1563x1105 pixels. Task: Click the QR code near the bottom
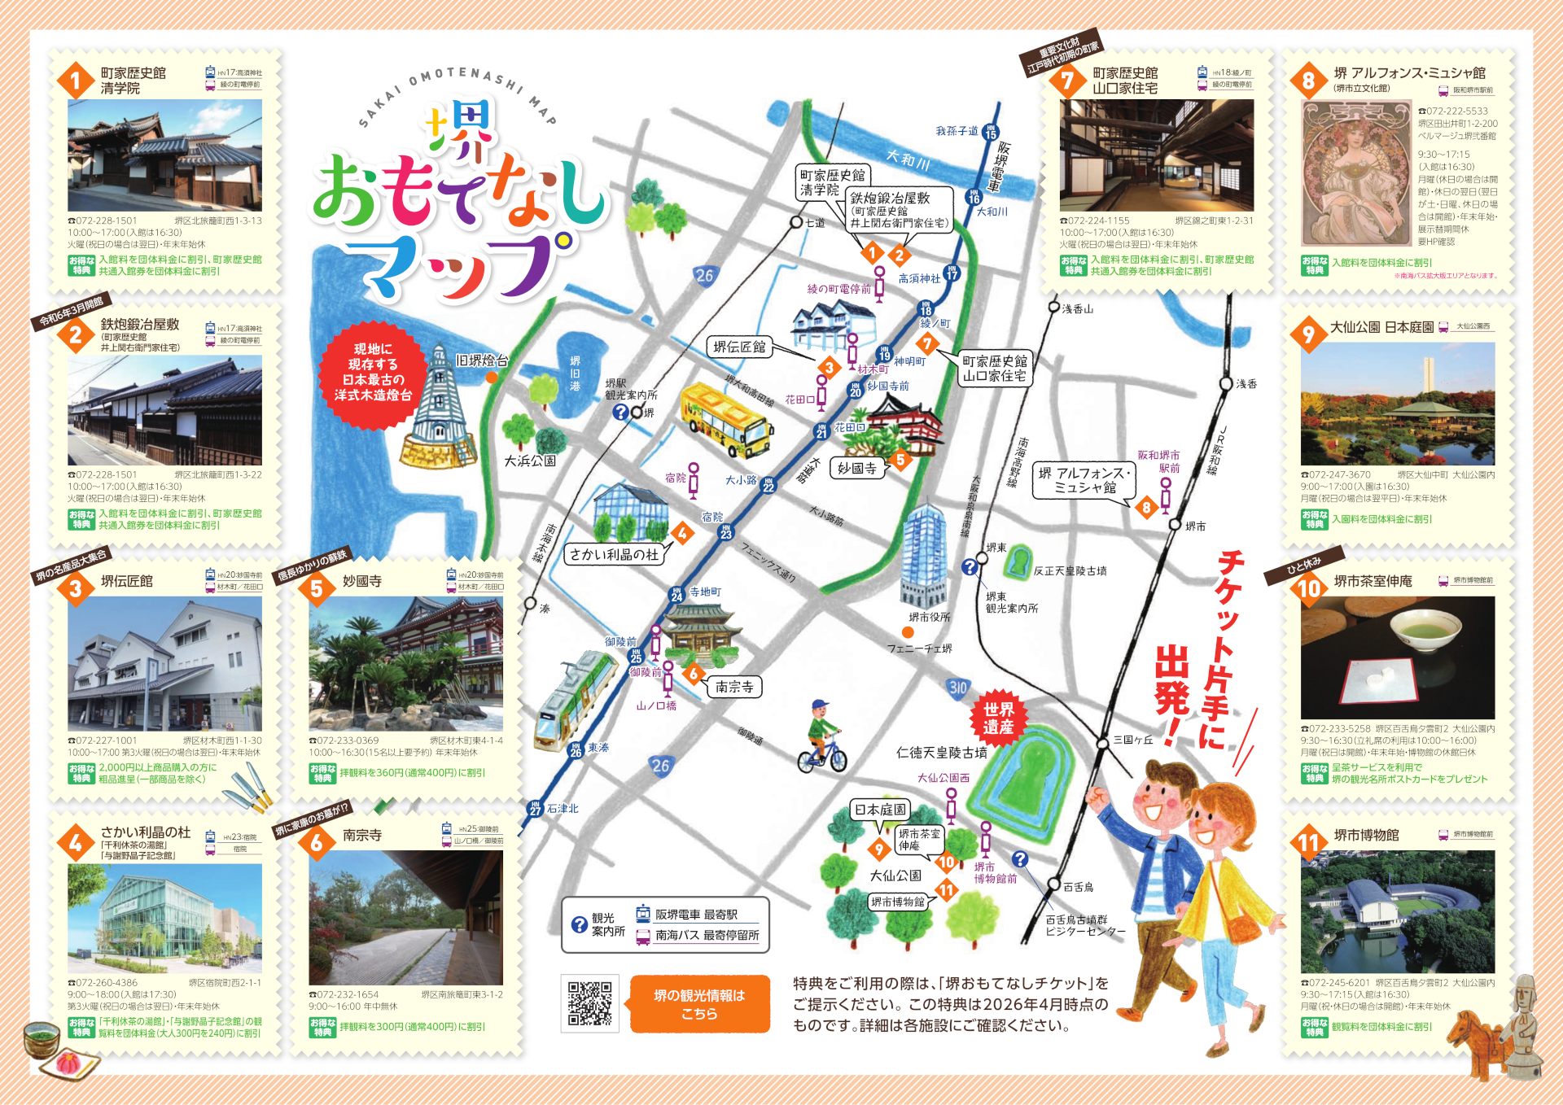point(589,1002)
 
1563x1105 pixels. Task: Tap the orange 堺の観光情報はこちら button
point(699,1004)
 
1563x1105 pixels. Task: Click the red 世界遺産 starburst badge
point(998,718)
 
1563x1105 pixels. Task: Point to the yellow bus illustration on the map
point(725,421)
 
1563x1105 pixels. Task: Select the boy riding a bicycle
point(822,736)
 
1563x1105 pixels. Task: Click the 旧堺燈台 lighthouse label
point(481,360)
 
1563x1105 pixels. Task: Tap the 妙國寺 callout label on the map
point(856,468)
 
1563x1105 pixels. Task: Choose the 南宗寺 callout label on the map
point(734,687)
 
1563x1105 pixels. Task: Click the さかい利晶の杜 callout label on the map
point(614,554)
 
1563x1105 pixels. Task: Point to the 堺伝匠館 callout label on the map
point(739,347)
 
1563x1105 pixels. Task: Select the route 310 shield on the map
point(957,688)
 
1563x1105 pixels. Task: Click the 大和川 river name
point(908,159)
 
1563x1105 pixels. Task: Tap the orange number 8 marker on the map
point(1146,508)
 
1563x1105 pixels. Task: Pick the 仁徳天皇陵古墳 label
point(941,753)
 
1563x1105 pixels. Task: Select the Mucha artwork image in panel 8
point(1356,173)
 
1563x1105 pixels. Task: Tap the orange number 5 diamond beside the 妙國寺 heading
point(317,589)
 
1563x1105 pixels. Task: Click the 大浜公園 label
point(529,461)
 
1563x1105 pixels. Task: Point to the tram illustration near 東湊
point(575,700)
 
